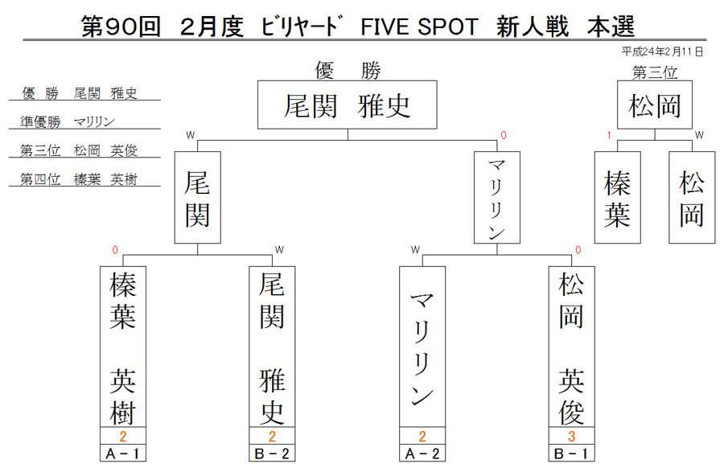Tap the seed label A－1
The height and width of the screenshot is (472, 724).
[x=123, y=453]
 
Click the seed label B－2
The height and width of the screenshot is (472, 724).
[x=272, y=453]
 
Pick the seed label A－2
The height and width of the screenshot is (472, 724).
[x=422, y=453]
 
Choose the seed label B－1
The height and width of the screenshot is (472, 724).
[x=572, y=453]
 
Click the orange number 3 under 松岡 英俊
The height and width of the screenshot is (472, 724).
[x=572, y=436]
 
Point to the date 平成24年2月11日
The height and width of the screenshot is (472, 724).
[x=662, y=51]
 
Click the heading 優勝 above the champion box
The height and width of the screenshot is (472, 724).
[x=348, y=71]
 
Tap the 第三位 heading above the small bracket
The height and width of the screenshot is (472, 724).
[x=655, y=72]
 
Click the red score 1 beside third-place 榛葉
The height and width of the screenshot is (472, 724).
[x=609, y=135]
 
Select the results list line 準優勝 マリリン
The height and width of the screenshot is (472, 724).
[x=67, y=121]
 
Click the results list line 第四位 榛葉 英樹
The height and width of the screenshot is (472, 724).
[x=78, y=179]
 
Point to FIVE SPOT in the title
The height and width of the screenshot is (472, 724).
[x=419, y=27]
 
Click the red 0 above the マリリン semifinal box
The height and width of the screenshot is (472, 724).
[x=504, y=135]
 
